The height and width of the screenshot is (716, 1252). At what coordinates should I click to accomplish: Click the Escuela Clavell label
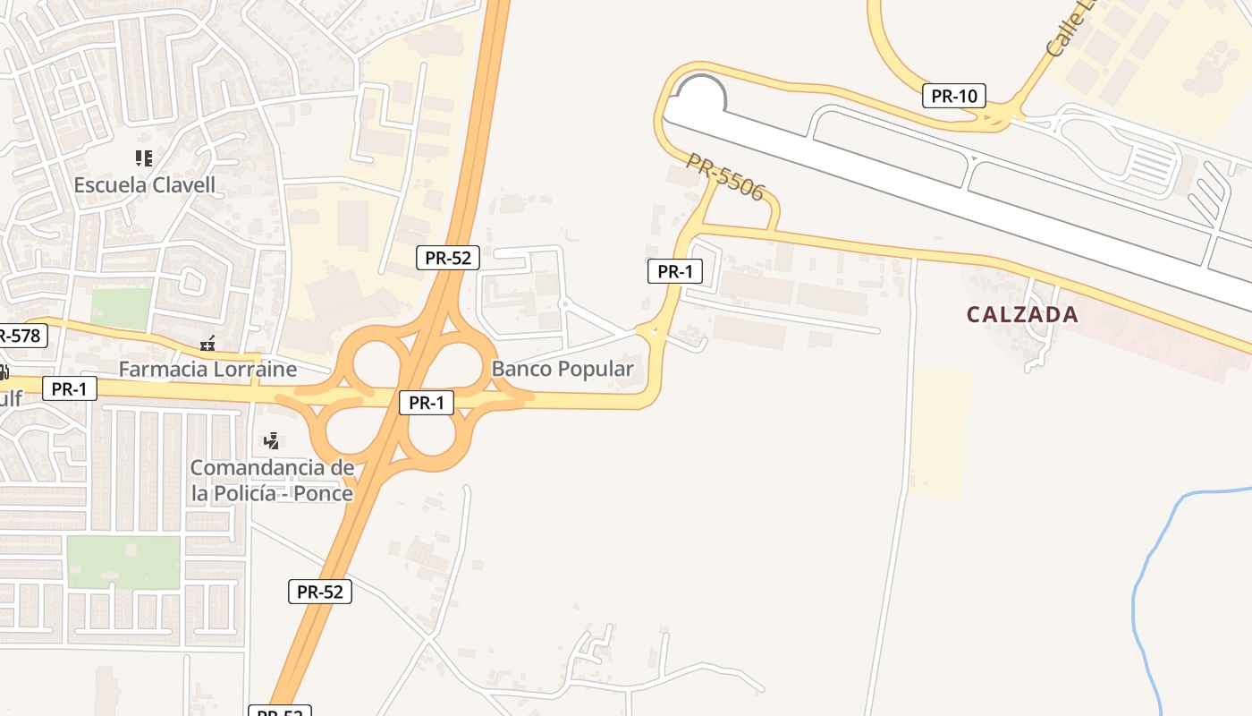[x=145, y=185]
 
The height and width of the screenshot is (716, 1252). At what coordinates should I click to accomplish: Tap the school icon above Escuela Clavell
[x=143, y=158]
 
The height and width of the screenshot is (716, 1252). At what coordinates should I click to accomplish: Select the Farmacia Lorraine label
[x=207, y=368]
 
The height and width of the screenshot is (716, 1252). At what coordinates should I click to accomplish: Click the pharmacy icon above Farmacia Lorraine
[x=208, y=343]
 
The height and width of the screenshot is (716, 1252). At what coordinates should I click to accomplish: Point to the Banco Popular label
[x=563, y=368]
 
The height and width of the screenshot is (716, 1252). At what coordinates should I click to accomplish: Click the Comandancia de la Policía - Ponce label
[x=272, y=480]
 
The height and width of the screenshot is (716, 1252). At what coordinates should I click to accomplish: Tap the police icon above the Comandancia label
[x=272, y=440]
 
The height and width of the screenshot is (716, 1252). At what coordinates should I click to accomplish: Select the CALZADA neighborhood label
[x=1022, y=314]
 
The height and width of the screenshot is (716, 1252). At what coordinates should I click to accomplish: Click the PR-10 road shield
[x=954, y=96]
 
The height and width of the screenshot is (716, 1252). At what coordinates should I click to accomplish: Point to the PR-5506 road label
[x=725, y=177]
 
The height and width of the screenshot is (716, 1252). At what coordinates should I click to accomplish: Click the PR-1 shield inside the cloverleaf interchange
[x=427, y=403]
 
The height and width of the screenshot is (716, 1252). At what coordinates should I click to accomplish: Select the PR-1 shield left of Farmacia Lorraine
[x=69, y=388]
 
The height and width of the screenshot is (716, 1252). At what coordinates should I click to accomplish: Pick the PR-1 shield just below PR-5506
[x=674, y=271]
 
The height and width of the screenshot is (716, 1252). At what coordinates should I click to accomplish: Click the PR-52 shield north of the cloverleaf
[x=448, y=258]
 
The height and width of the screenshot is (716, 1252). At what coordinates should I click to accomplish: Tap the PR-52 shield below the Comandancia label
[x=320, y=591]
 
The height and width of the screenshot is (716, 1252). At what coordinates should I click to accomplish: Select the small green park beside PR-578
[x=121, y=309]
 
